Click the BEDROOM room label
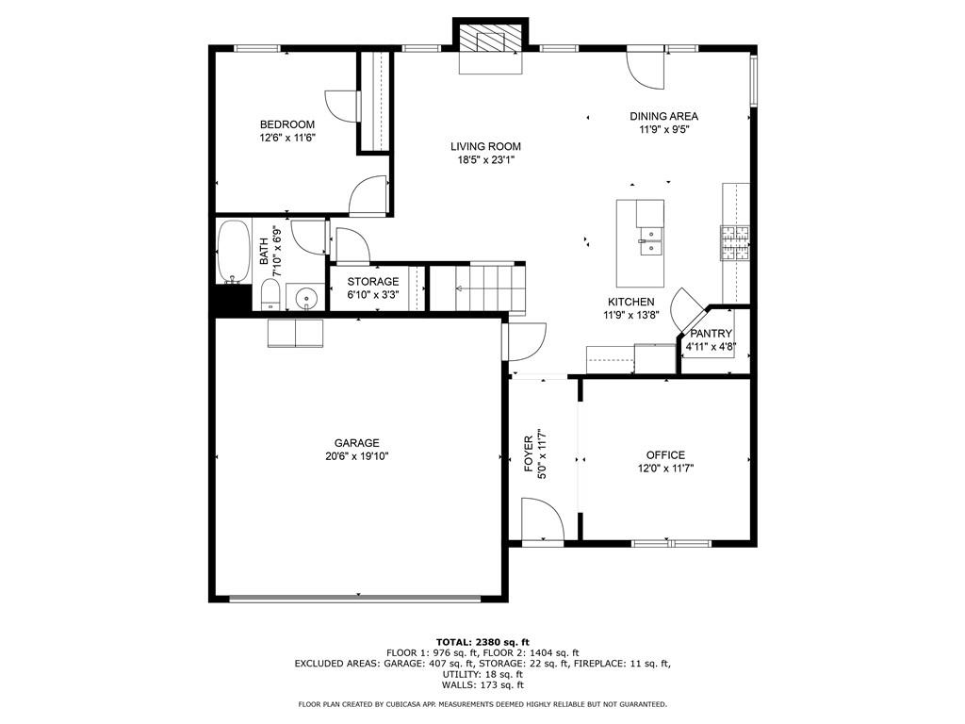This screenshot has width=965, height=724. coord(287,124)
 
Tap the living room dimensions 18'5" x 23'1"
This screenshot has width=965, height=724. coord(485,160)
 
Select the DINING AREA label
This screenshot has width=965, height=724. coord(663,117)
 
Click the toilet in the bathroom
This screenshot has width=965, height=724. coord(270,294)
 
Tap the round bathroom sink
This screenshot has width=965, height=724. coord(305,299)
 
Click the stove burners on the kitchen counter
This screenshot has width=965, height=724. coord(735,243)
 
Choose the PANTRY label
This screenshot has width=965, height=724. coord(711,334)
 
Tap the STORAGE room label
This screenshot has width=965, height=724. coord(372,282)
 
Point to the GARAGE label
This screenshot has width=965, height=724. coord(356,443)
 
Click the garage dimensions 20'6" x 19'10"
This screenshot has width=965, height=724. coord(356,456)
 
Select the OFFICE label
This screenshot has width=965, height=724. coord(665,454)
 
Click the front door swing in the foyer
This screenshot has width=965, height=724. coord(542,520)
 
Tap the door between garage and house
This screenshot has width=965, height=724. coord(525,341)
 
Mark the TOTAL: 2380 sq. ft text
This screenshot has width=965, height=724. coord(482,642)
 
